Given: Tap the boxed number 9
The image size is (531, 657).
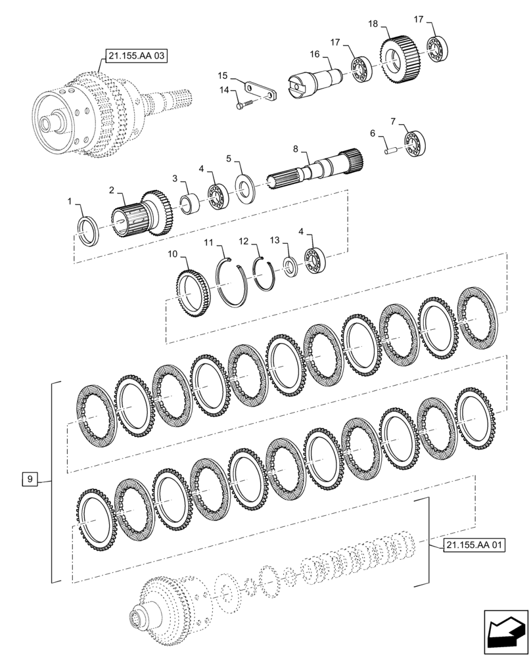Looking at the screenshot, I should [30, 480].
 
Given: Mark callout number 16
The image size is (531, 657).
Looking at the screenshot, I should [314, 54].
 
